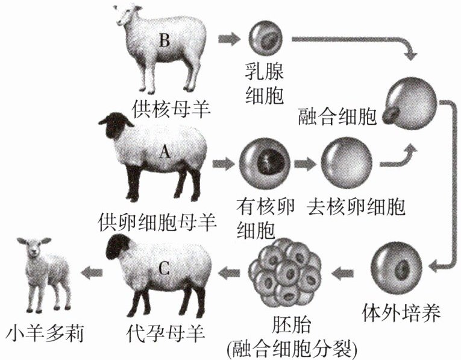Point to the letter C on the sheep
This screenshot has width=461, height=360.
165,268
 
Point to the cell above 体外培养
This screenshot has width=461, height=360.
396,267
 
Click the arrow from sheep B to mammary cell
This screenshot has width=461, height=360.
228,39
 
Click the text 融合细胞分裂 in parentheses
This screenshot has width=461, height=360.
290,349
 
